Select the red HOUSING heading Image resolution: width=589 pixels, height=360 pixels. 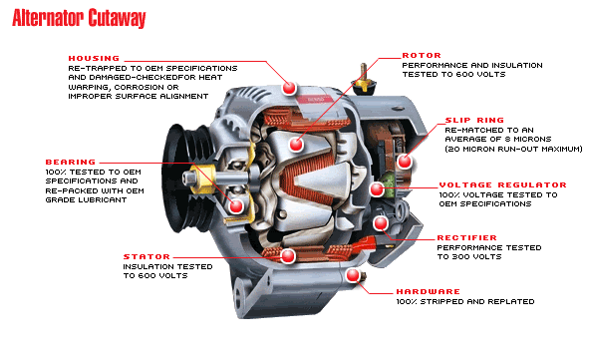(x=96, y=58)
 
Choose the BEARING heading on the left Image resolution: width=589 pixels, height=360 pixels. (x=70, y=161)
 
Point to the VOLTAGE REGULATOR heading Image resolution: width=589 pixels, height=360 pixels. (x=502, y=184)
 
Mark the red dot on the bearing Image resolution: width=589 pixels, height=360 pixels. (x=236, y=206)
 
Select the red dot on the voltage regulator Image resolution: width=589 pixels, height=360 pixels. (x=377, y=187)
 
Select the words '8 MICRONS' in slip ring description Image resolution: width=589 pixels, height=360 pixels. (x=539, y=140)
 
